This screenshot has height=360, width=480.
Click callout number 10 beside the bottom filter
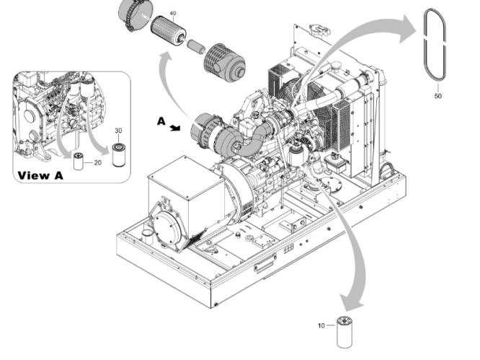click(321, 326)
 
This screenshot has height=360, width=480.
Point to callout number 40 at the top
click(172, 14)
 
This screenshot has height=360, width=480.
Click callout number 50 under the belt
click(438, 95)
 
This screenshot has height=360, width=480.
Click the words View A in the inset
click(40, 175)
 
